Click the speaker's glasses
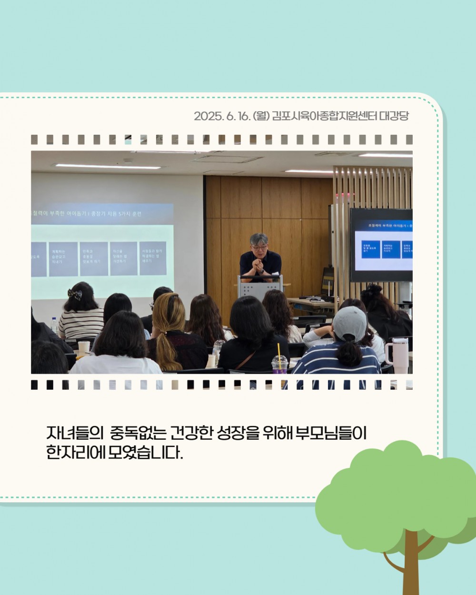258,248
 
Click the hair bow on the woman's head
74,294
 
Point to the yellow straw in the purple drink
279,352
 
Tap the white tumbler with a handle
397,355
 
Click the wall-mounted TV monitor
381,245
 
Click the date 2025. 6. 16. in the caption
222,116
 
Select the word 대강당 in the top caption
394,116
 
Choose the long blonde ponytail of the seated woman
164,350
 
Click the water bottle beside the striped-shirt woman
54,326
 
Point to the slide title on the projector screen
86,214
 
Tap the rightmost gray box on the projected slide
152,258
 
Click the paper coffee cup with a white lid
84,348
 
